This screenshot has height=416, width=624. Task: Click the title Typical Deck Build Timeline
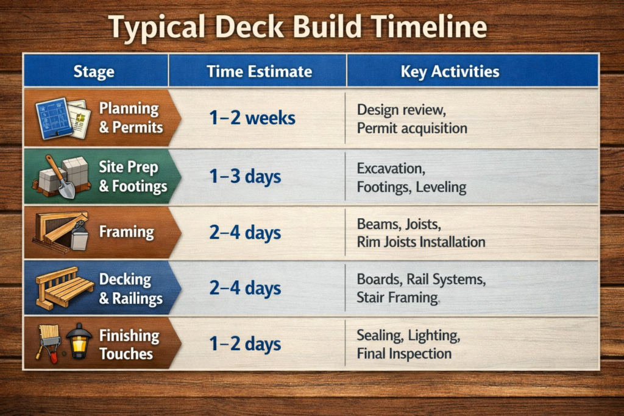pos(297,27)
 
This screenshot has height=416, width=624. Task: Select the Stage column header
pos(94,71)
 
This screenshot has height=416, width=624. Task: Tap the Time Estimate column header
pos(259,71)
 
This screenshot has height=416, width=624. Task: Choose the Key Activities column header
pos(450,71)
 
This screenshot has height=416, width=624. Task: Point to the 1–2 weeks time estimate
pos(252,118)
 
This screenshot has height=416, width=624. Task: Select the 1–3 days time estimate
pos(245,177)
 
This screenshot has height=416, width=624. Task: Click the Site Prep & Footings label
pos(133,177)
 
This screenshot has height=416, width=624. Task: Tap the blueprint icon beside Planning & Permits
pos(54,117)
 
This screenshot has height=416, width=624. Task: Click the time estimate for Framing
pos(245,232)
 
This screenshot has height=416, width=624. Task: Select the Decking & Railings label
pos(130,288)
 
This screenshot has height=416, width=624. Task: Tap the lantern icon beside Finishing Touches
pos(79,340)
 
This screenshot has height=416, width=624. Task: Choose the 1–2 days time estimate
pos(245,344)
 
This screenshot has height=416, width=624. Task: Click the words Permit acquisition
pos(412,129)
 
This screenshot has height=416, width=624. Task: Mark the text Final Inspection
pos(404,353)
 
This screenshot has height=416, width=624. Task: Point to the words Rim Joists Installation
pos(421,242)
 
